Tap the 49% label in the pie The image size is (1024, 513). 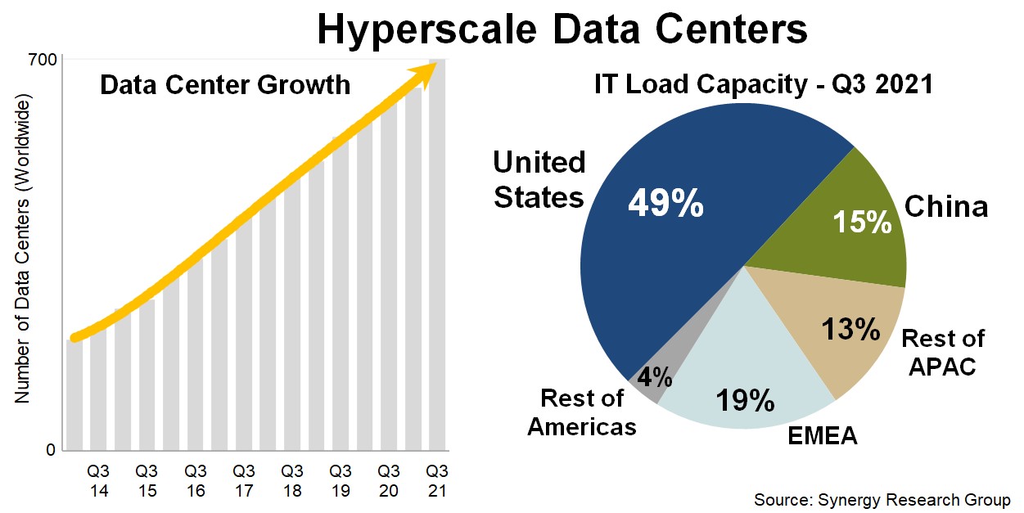coord(665,202)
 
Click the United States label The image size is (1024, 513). coord(539,180)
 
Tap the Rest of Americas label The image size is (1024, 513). coord(581,412)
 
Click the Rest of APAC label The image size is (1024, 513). coord(942,352)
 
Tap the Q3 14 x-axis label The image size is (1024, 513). coord(98,480)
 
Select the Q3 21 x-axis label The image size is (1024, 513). coord(437,480)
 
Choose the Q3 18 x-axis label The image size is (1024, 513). coord(291,480)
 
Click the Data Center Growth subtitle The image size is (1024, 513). coord(225,85)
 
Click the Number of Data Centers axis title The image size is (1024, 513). coord(22,250)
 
